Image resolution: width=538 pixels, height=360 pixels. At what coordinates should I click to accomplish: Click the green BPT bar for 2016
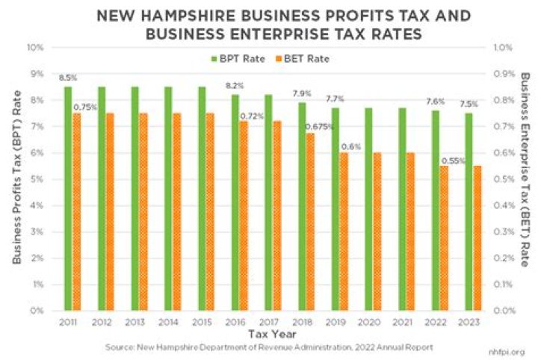click(235, 202)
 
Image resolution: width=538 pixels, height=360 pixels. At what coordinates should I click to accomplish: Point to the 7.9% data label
click(302, 94)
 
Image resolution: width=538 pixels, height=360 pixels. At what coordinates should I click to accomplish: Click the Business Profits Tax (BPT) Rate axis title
click(16, 179)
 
